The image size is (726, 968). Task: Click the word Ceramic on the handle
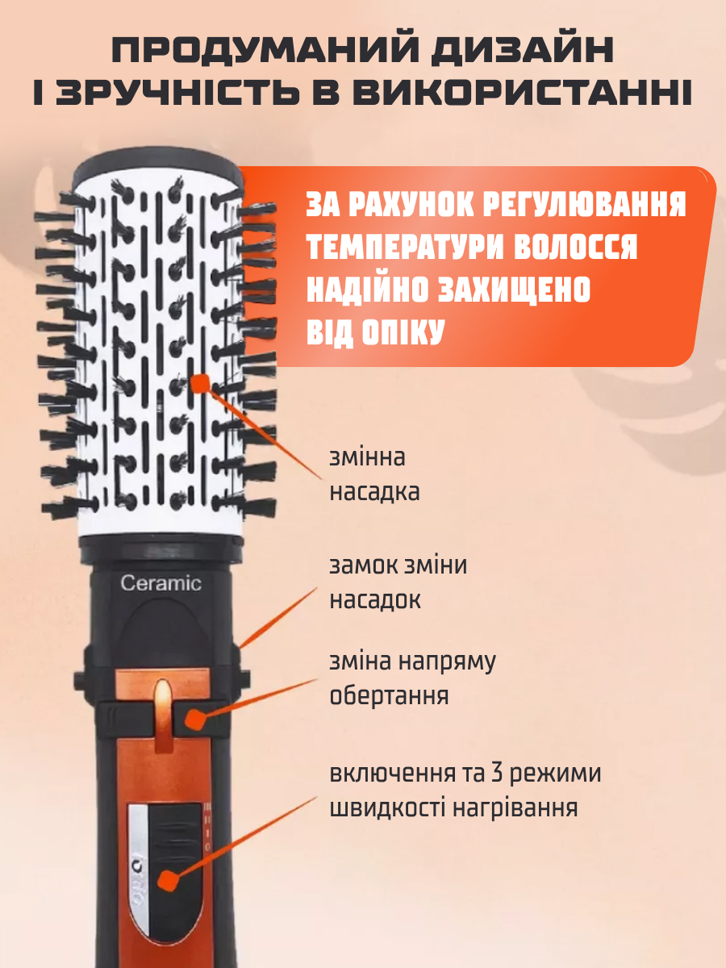point(161,583)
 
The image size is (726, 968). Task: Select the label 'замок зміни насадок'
point(398,582)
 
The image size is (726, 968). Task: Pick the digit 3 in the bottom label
point(497,773)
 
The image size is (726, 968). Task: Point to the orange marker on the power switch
point(167,881)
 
